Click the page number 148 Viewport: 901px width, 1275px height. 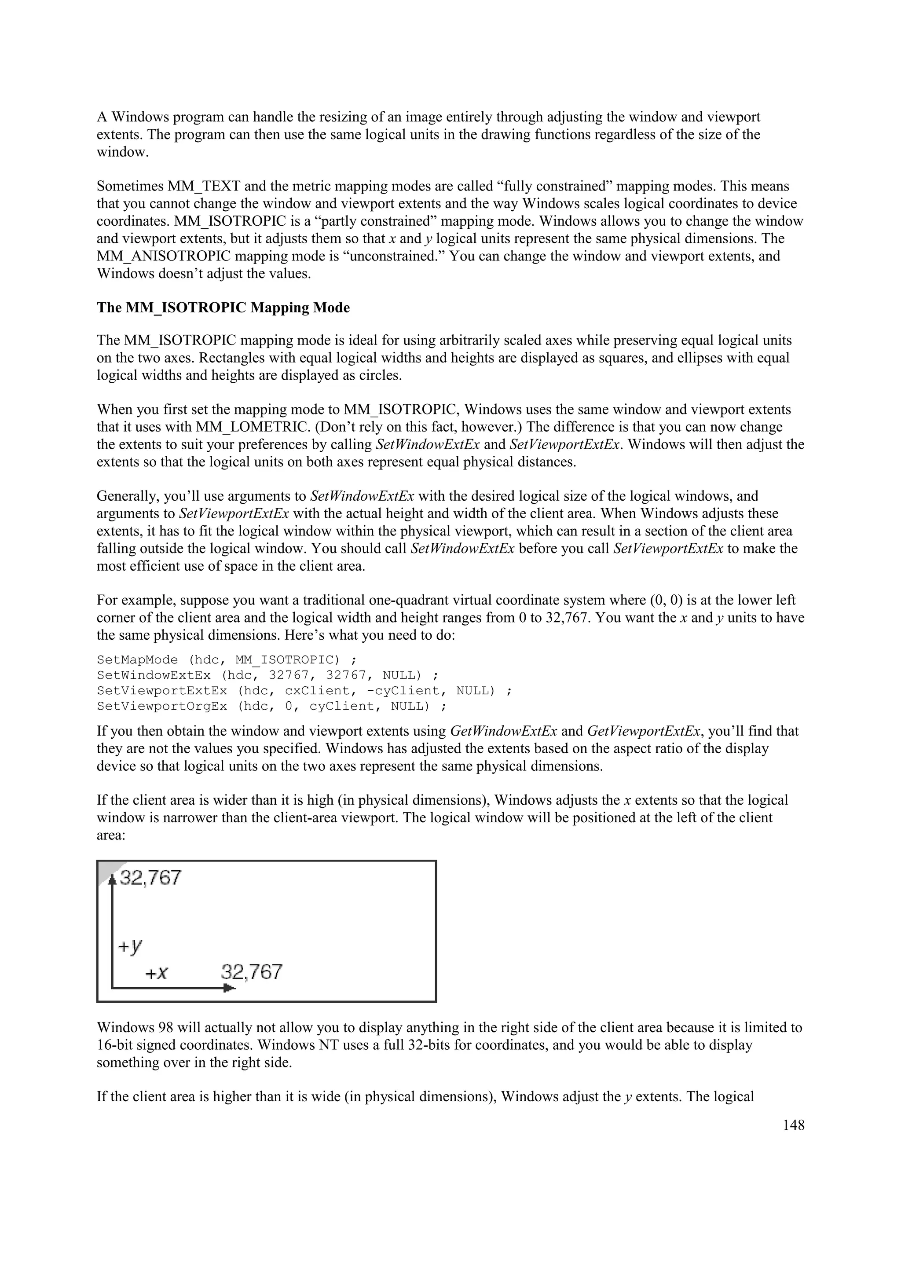(x=793, y=1125)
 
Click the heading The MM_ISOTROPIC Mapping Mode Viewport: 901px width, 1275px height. (x=223, y=308)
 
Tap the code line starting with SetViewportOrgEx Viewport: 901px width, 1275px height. (x=271, y=707)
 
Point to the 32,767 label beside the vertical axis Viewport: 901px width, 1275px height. (x=150, y=878)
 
